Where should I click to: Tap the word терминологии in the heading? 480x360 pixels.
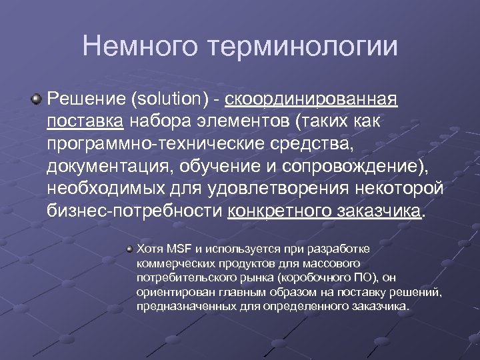303,47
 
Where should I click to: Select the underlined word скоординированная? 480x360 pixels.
311,100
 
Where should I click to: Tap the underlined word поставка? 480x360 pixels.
85,122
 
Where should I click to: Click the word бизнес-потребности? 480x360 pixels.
135,210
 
